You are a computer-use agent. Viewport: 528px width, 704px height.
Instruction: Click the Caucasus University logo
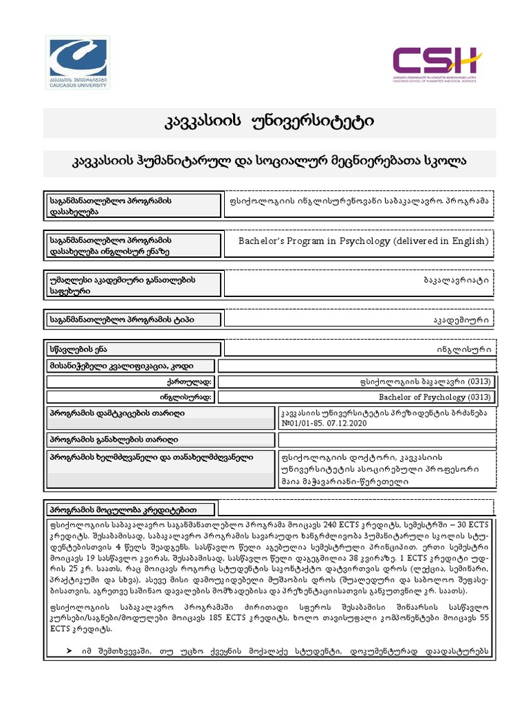coord(76,62)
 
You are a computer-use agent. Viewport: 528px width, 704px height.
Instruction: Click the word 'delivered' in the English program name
coord(417,241)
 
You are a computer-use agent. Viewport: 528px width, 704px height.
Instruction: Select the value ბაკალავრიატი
coord(456,280)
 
